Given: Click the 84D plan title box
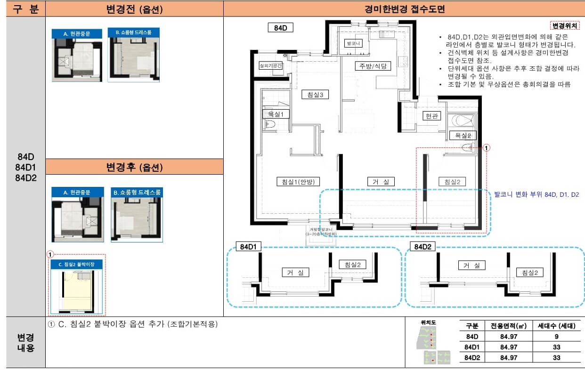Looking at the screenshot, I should pyautogui.click(x=280, y=28).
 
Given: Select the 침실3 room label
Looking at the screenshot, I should pyautogui.click(x=315, y=95).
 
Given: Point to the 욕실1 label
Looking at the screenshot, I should pyautogui.click(x=276, y=114).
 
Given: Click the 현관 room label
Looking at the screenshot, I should pyautogui.click(x=431, y=116).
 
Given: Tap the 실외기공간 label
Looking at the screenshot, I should pyautogui.click(x=270, y=66).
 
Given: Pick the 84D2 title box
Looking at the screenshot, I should pyautogui.click(x=423, y=248).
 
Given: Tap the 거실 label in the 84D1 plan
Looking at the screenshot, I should pyautogui.click(x=295, y=272).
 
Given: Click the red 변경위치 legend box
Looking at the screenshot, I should pyautogui.click(x=565, y=26).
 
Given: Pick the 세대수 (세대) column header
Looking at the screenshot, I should pyautogui.click(x=556, y=326).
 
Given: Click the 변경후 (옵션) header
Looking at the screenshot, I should pyautogui.click(x=134, y=167).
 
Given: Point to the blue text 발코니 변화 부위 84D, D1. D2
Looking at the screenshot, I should pyautogui.click(x=536, y=194).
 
